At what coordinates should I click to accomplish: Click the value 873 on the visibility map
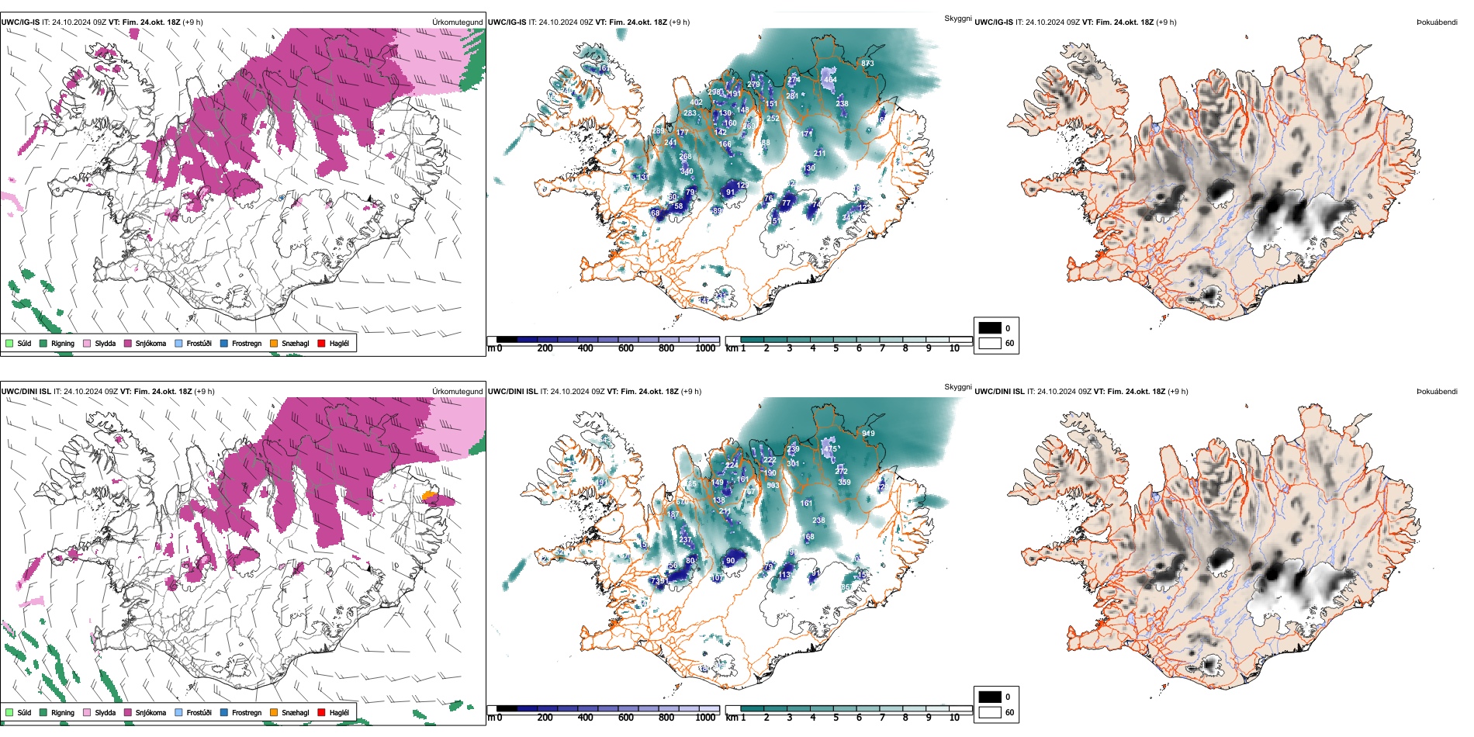(867, 64)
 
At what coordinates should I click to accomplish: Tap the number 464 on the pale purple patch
(830, 79)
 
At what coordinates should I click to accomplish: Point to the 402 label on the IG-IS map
(696, 102)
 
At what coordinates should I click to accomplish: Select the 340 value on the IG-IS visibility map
(687, 171)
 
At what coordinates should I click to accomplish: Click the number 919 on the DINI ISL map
(868, 434)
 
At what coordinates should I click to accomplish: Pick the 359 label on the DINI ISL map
(845, 483)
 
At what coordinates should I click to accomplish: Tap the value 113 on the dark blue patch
(786, 575)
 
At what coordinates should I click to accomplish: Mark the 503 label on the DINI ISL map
(773, 486)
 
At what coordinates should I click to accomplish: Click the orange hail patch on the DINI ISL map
(427, 495)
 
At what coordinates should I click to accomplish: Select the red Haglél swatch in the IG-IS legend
(321, 343)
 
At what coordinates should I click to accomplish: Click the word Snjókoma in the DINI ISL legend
(151, 712)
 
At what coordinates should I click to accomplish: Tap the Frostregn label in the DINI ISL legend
(247, 712)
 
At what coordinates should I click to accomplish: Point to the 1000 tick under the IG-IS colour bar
(705, 349)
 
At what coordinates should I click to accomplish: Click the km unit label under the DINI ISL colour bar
(732, 718)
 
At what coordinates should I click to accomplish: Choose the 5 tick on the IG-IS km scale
(836, 349)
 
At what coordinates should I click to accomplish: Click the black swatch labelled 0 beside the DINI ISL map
(990, 697)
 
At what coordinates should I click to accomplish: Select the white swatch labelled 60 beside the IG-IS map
(990, 343)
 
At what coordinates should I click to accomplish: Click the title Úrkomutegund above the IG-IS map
(457, 22)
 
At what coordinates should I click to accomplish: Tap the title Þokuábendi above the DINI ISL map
(1437, 392)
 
